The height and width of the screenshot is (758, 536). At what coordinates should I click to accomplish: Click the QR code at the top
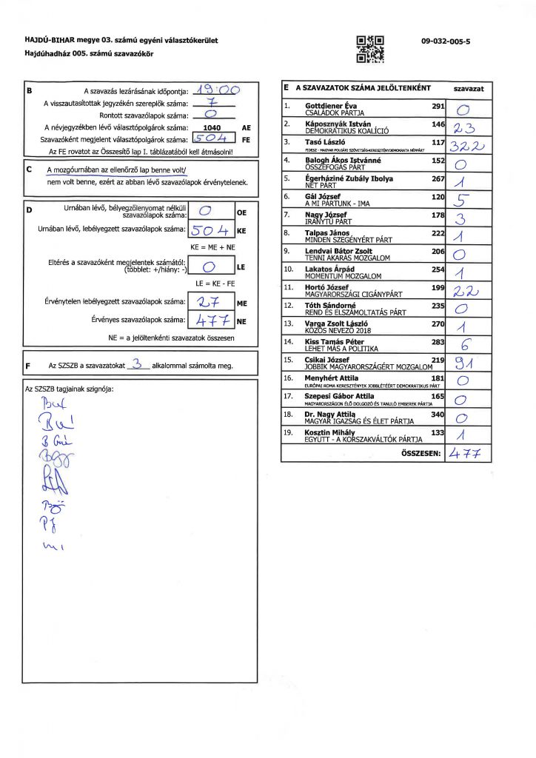point(370,47)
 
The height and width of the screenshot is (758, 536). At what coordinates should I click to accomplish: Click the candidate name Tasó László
point(322,141)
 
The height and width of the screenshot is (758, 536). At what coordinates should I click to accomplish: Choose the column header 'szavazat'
point(468,87)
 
